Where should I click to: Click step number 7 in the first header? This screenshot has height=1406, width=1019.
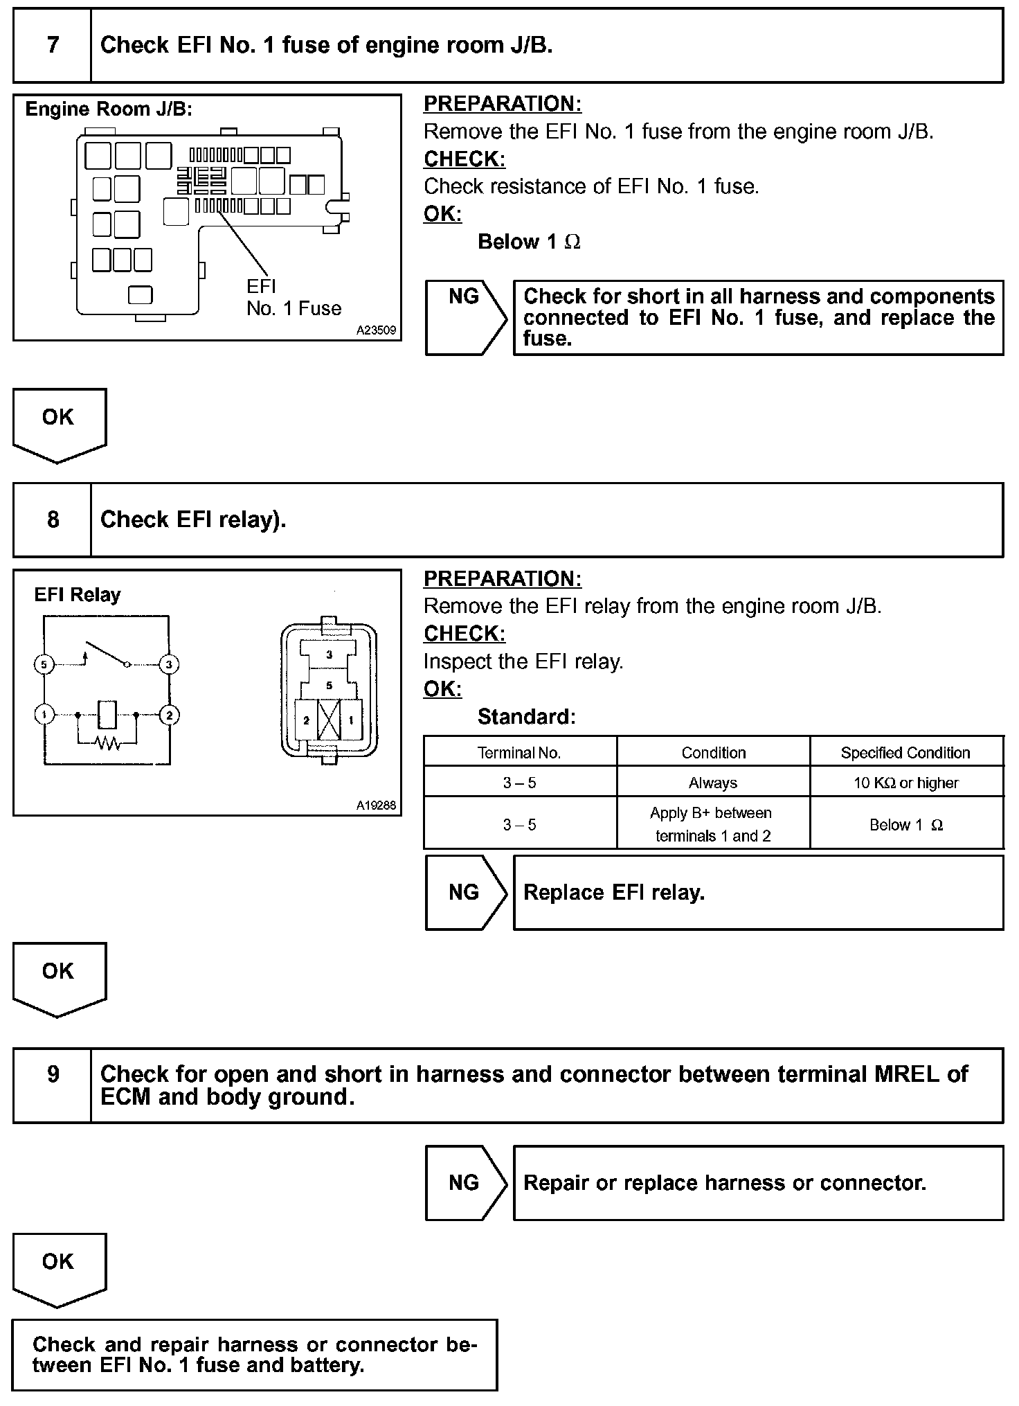53,45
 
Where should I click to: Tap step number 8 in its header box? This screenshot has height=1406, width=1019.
53,520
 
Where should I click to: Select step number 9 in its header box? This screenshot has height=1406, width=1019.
53,1074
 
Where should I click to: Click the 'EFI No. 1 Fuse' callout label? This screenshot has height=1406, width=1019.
294,298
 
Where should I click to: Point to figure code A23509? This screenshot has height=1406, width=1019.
376,331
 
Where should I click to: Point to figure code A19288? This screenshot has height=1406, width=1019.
376,806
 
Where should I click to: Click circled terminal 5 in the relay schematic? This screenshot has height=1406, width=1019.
44,665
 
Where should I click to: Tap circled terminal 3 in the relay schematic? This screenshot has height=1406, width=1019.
169,665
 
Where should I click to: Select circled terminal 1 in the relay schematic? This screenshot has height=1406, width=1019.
44,715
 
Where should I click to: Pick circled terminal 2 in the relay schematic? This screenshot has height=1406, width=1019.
169,715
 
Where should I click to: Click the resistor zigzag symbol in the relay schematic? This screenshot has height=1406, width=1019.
107,743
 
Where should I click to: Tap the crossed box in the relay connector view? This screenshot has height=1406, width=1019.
329,721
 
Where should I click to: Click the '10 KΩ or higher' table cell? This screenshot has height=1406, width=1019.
906,783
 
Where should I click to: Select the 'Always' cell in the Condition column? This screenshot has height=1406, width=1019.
713,783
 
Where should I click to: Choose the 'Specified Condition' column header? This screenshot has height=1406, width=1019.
905,753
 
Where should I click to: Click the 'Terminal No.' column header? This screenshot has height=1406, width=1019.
519,753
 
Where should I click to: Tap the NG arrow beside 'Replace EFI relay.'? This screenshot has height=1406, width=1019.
465,892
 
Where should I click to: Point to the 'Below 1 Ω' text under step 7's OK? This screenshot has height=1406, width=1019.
529,242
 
